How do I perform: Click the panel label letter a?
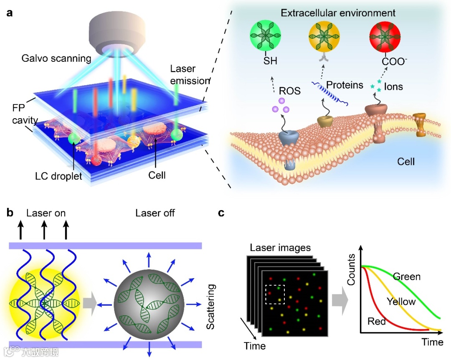pos(9,13)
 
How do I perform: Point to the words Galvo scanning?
pos(56,58)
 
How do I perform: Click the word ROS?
pos(290,90)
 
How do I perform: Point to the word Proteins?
pos(345,85)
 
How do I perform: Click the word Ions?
pos(393,87)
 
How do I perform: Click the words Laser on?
pos(46,213)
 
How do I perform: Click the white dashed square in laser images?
pos(274,294)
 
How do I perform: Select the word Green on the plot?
pos(407,276)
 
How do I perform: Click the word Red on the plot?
pos(377,321)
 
